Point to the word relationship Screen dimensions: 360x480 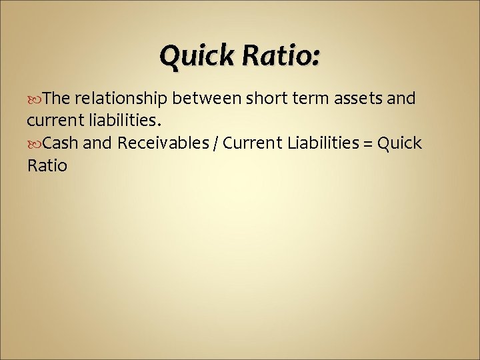[122, 99]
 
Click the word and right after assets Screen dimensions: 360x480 [402, 99]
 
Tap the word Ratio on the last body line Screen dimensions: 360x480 [47, 165]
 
